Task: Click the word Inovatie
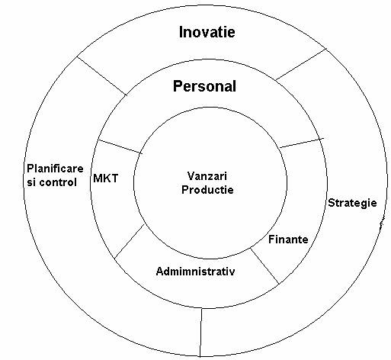(x=207, y=32)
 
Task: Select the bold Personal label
(x=204, y=86)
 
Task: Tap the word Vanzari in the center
(x=207, y=176)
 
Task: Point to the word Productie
(x=207, y=190)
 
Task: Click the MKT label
(x=106, y=178)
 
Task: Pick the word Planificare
(x=55, y=169)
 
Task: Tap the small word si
(x=31, y=182)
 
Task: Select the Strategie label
(x=352, y=203)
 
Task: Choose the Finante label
(x=288, y=239)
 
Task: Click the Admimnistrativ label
(x=195, y=272)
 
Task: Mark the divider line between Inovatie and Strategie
(x=300, y=65)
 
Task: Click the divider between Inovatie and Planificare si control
(x=101, y=76)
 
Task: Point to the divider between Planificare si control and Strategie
(x=201, y=333)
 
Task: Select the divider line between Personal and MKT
(x=120, y=146)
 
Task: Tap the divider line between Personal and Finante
(x=302, y=143)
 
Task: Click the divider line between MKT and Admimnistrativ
(x=130, y=241)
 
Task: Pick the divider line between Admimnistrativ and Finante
(x=264, y=266)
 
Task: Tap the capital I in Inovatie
(x=181, y=32)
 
